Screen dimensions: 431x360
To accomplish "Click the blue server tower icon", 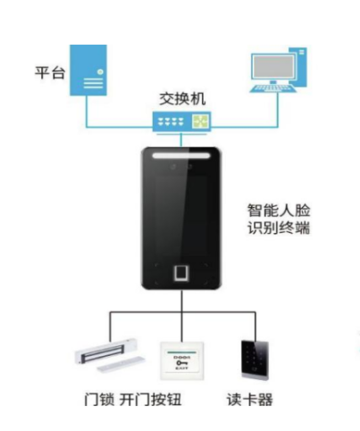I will pyautogui.click(x=89, y=70).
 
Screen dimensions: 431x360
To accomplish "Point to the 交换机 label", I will pyautogui.click(x=179, y=99).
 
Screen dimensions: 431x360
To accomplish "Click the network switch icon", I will pyautogui.click(x=180, y=121).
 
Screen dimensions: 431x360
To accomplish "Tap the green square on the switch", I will pyautogui.click(x=200, y=121).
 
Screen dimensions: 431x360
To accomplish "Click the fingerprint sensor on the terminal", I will pyautogui.click(x=181, y=271).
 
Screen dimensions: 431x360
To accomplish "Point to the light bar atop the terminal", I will pyautogui.click(x=181, y=158).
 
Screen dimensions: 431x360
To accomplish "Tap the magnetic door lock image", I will pyautogui.click(x=110, y=356).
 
